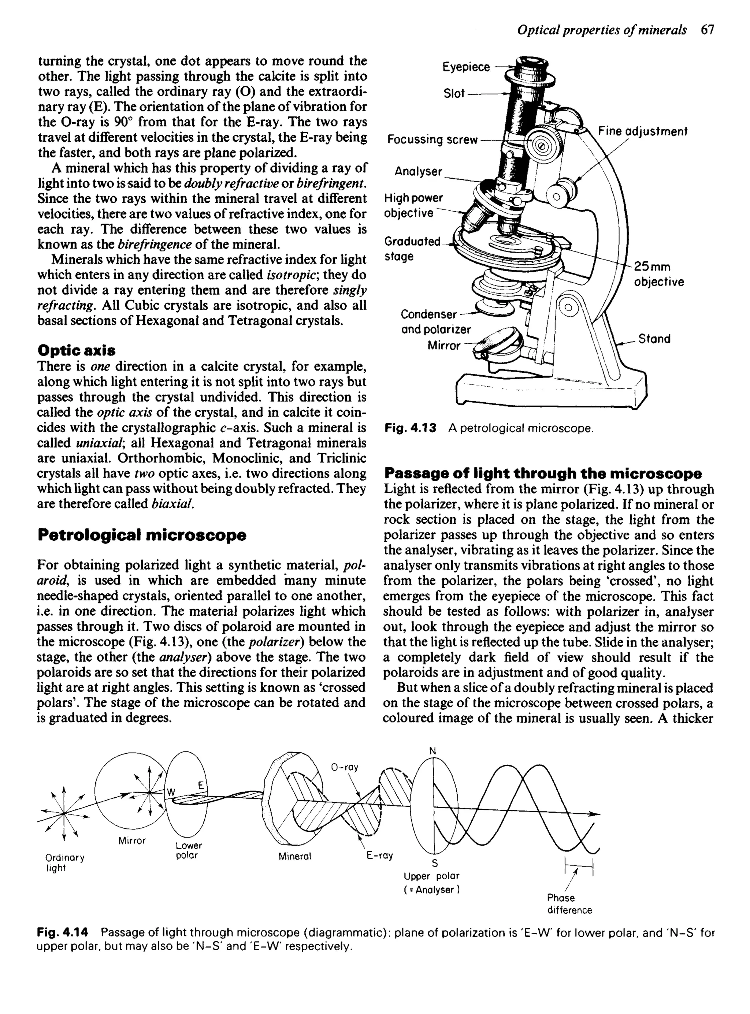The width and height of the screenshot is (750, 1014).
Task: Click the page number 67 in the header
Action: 707,30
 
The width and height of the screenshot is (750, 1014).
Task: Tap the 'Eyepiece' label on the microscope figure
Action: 466,67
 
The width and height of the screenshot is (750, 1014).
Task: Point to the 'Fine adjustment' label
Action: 642,131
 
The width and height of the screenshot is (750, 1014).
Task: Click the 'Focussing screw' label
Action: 432,140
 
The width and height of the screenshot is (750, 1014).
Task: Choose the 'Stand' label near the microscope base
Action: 654,339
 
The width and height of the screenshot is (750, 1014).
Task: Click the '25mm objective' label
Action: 658,274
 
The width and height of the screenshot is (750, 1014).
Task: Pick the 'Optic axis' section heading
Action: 76,350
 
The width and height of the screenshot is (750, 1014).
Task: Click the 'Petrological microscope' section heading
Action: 142,535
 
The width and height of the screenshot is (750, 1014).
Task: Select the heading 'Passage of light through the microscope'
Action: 542,474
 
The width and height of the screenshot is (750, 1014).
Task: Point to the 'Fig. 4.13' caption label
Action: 410,428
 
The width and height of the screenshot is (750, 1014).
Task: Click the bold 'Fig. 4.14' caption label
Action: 62,933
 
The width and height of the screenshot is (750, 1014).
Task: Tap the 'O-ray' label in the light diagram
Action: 345,767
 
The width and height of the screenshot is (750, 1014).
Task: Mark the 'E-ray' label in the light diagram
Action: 379,855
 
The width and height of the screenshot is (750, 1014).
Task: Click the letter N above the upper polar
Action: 432,751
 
